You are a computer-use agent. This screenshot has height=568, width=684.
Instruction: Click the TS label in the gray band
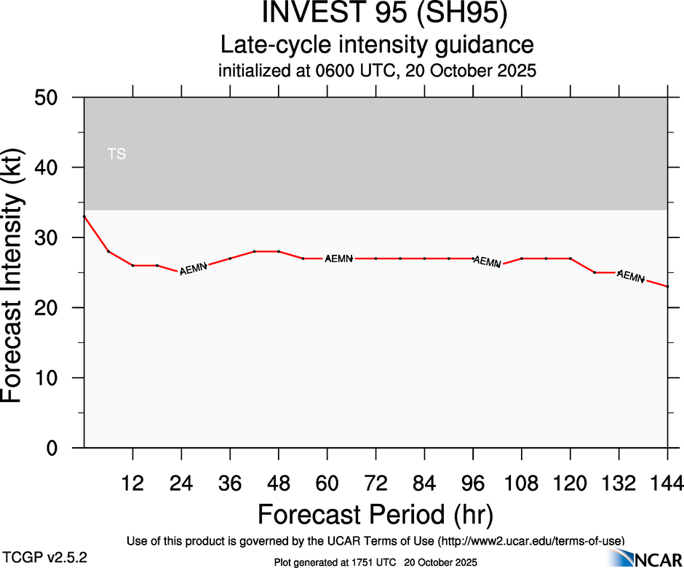tap(116, 154)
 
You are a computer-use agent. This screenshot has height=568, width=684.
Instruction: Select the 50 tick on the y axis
tap(49, 98)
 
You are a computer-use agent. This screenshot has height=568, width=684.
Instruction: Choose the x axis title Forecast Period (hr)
tap(375, 514)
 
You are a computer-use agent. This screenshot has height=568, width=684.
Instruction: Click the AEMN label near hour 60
tap(339, 259)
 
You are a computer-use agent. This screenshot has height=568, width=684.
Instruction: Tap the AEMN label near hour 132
tap(630, 277)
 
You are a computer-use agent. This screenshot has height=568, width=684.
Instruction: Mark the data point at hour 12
tap(132, 266)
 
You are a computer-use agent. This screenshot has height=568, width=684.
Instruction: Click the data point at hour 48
tap(279, 251)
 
